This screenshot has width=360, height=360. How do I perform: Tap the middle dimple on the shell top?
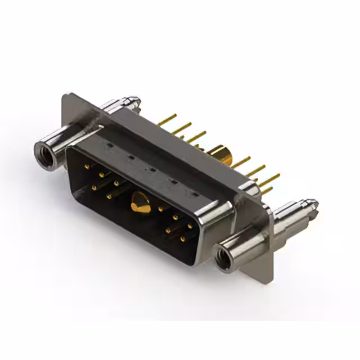click(151, 170)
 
